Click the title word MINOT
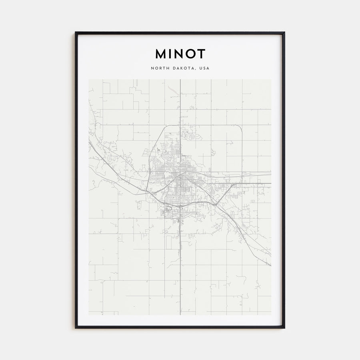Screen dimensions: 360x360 click(x=180, y=54)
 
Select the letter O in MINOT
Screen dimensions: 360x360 click(x=188, y=54)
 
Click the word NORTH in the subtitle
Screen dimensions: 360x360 click(x=160, y=68)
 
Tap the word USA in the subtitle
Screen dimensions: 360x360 click(x=204, y=68)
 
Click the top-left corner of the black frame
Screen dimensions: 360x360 click(x=76, y=32)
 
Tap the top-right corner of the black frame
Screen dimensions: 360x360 click(x=284, y=32)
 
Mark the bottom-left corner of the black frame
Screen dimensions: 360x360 click(x=76, y=328)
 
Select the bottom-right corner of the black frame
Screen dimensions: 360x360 click(x=284, y=328)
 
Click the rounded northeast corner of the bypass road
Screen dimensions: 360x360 click(x=240, y=127)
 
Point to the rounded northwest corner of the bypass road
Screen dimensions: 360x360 click(x=164, y=128)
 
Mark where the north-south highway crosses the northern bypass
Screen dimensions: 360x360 click(x=180, y=125)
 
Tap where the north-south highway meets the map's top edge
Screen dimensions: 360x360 click(x=180, y=80)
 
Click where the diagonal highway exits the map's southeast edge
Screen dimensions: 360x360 click(x=270, y=265)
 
